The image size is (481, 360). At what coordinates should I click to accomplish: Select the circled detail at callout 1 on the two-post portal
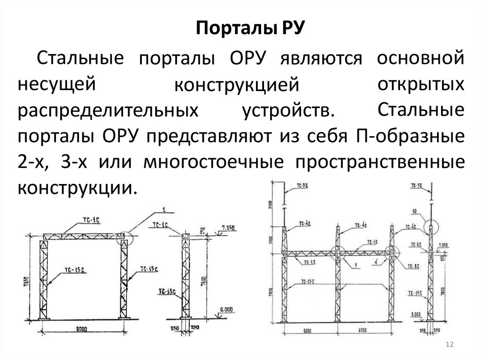click(x=126, y=237)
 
